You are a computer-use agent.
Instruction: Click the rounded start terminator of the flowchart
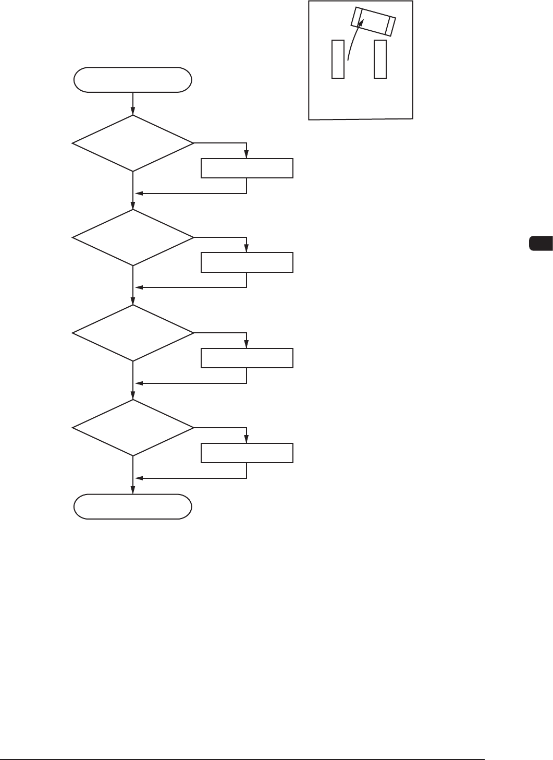point(133,80)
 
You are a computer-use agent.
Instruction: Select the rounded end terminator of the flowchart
point(133,506)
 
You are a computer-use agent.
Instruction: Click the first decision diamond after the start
point(133,143)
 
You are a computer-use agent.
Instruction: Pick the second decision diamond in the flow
point(133,238)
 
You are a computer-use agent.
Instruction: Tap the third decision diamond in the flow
point(133,333)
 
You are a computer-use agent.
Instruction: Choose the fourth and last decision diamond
point(133,428)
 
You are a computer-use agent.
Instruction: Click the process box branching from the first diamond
point(247,168)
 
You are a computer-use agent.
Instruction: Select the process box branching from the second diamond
point(247,262)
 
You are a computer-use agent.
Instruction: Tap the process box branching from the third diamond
point(247,358)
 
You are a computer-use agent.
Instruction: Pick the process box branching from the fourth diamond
point(247,453)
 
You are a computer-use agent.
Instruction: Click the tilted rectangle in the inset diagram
point(373,21)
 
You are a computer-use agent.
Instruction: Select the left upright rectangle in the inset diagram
point(338,59)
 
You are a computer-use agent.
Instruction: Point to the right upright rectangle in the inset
point(380,59)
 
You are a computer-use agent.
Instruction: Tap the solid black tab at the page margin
point(540,244)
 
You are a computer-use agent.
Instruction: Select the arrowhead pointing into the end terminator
point(133,490)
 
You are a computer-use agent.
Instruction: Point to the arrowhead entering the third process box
point(247,344)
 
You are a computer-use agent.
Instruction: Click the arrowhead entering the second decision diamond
point(133,206)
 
